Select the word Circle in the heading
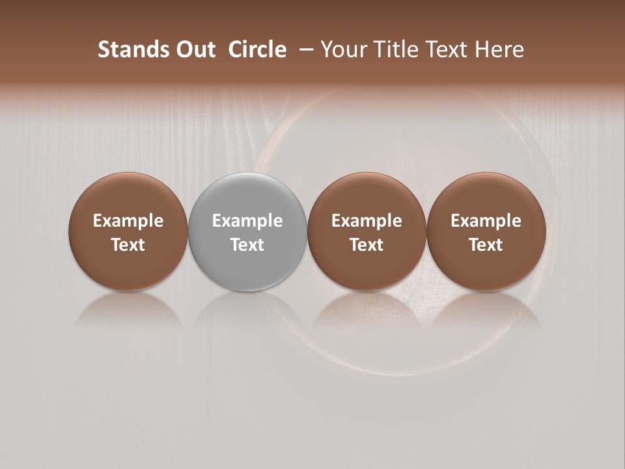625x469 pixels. click(257, 50)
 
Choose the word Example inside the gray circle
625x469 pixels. click(247, 221)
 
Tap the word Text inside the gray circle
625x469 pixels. click(247, 245)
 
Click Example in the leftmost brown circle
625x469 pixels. click(128, 221)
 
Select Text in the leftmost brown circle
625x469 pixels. click(128, 245)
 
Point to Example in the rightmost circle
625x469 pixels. click(486, 221)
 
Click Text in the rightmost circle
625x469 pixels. click(486, 245)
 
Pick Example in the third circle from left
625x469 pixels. click(367, 221)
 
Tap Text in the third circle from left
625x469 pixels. click(367, 245)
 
